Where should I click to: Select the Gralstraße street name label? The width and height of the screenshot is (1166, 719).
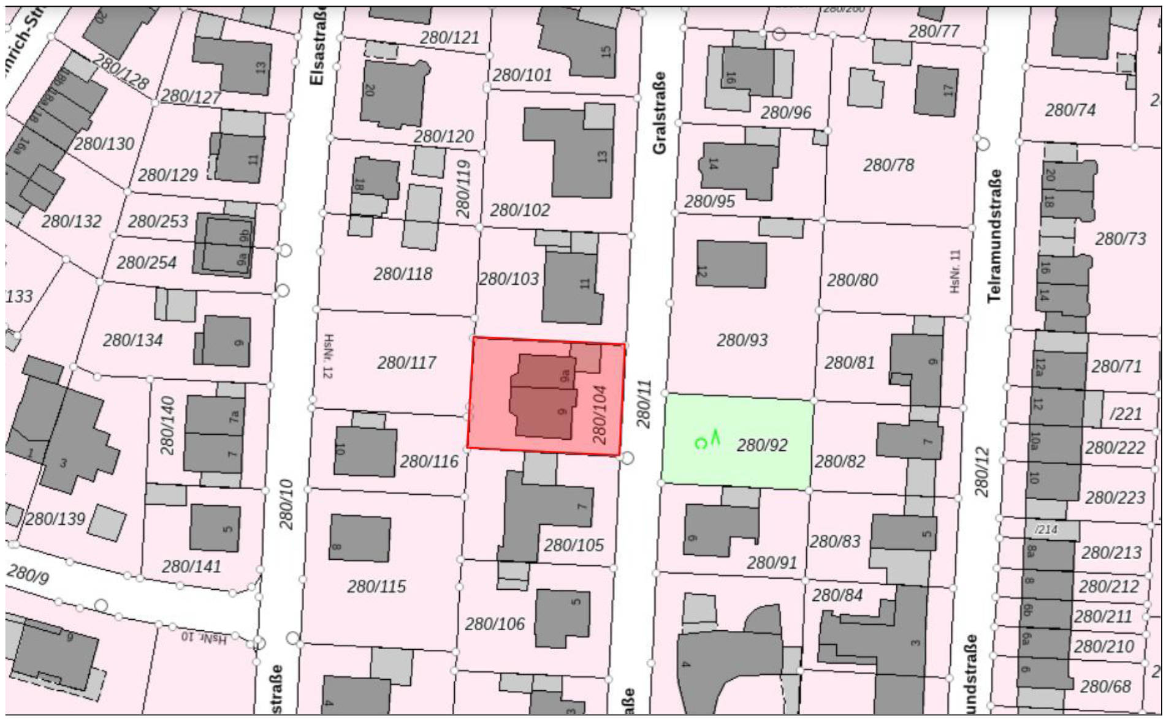659,113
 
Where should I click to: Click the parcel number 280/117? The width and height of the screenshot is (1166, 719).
406,363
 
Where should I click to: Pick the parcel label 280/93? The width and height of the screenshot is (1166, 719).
742,340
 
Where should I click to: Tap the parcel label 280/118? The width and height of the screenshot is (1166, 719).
403,274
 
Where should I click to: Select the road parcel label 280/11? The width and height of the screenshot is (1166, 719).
643,404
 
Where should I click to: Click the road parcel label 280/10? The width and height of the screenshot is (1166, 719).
286,505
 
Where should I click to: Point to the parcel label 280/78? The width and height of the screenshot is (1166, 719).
888,165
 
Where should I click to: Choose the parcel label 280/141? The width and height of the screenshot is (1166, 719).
191,567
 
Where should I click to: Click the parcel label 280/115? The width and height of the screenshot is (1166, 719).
376,587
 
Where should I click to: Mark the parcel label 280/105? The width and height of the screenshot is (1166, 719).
574,545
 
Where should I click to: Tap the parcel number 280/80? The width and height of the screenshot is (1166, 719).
852,280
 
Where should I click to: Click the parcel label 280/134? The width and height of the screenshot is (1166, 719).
132,340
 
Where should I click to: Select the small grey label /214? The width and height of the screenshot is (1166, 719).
1046,529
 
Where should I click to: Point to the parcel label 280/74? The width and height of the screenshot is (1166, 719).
1070,110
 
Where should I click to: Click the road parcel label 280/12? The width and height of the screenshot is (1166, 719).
982,472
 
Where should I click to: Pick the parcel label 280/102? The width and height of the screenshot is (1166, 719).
520,210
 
